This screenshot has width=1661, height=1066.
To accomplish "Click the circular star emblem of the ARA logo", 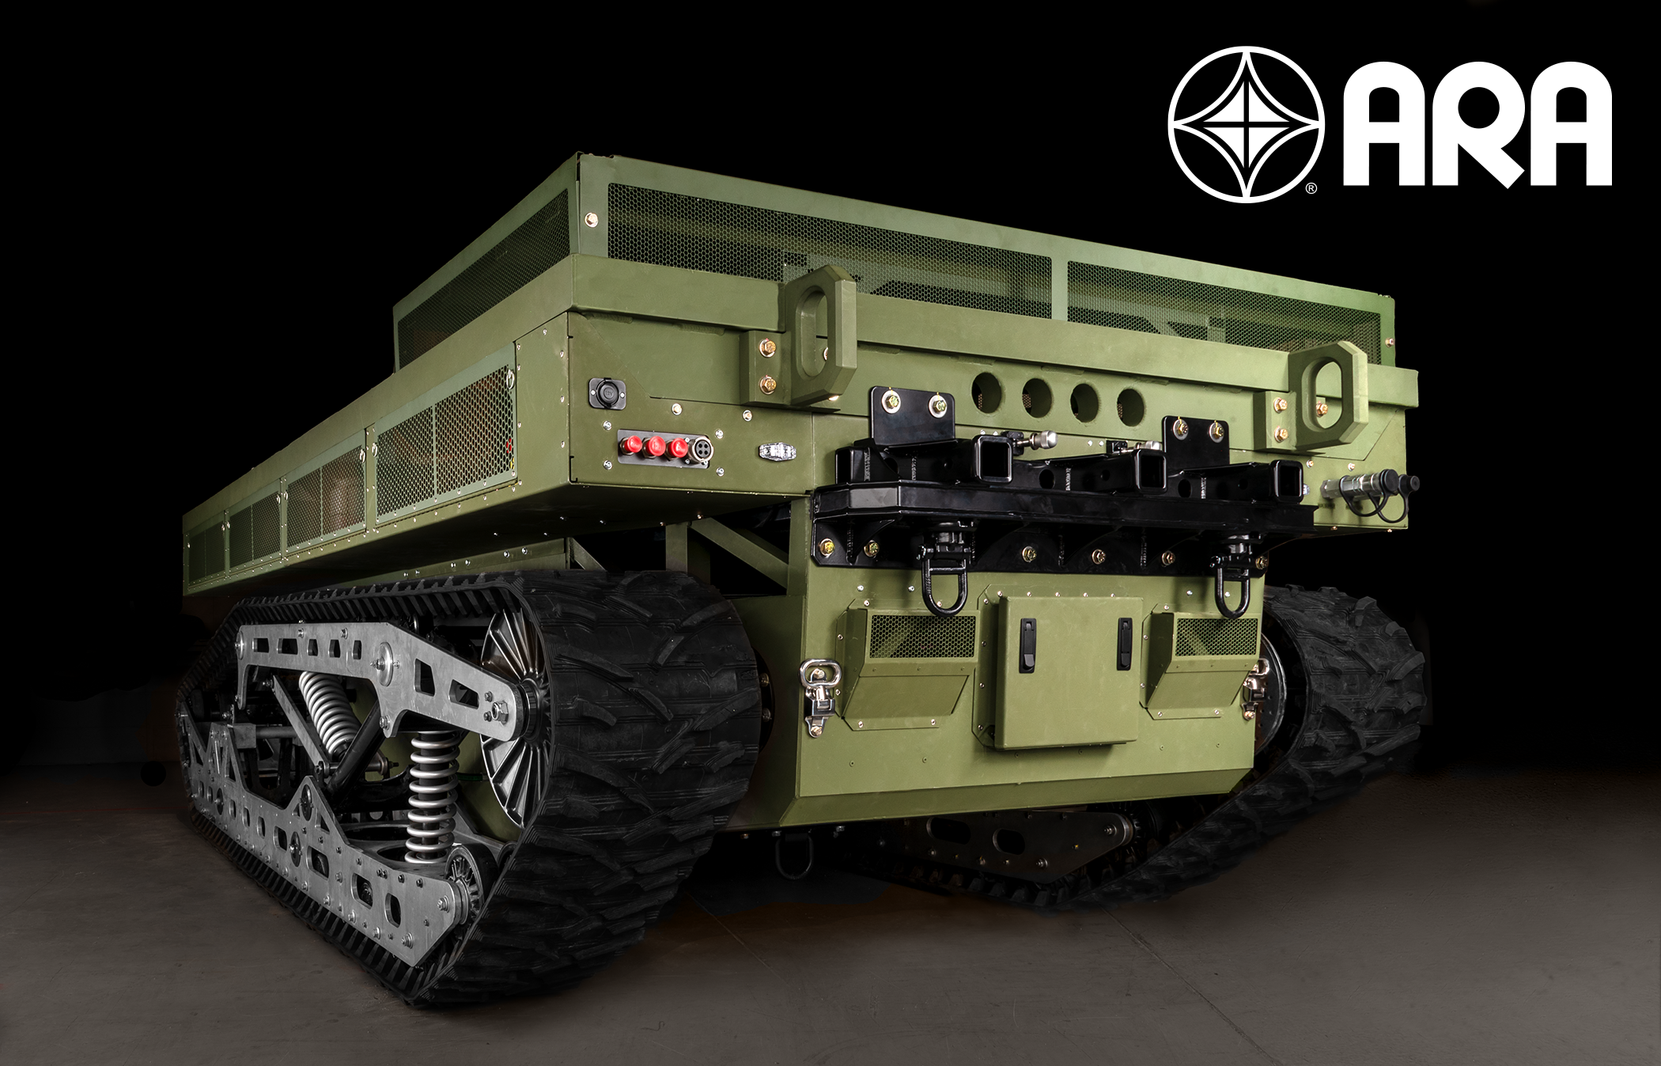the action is point(1246,124).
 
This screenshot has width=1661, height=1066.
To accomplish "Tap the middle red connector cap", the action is point(654,448).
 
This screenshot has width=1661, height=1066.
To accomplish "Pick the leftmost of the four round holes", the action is point(986,387).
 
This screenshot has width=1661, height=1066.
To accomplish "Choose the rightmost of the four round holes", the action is point(1131,403).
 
